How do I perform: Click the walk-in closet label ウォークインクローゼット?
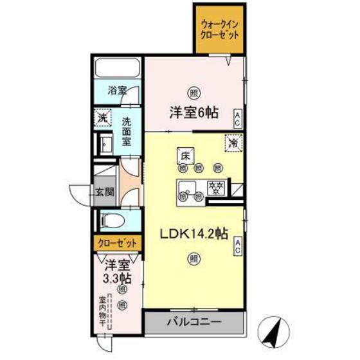220,29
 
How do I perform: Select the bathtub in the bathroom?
118,69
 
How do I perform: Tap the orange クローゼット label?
118,244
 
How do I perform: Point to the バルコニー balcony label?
195,321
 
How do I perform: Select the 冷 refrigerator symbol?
234,143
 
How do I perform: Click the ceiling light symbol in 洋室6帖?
193,92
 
